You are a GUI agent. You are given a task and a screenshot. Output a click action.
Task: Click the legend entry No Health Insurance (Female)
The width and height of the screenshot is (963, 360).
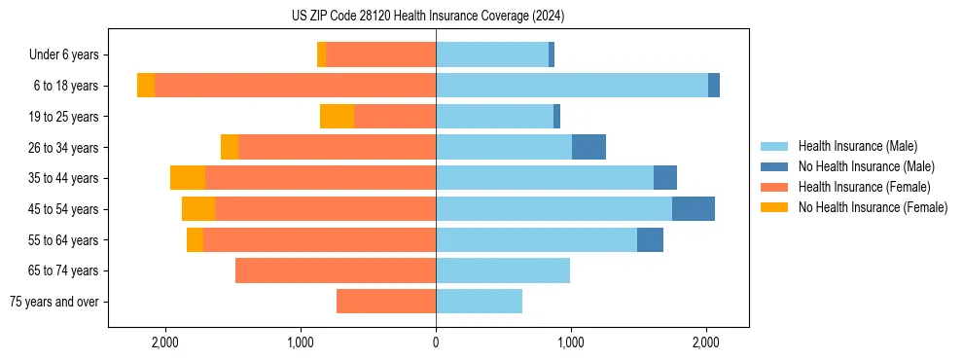(873, 207)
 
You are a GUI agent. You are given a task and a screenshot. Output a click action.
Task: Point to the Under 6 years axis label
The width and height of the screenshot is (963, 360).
(63, 55)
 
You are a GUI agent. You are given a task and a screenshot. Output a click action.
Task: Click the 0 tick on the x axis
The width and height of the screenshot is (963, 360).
(436, 342)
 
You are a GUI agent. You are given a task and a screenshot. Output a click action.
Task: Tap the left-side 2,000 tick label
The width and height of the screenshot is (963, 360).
(165, 342)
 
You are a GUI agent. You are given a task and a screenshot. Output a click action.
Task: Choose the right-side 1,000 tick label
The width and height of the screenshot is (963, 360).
(571, 342)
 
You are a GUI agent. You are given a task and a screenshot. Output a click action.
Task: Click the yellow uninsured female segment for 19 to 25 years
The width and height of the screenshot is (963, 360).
(337, 117)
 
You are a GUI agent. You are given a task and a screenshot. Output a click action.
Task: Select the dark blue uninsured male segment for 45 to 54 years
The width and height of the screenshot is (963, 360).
(694, 209)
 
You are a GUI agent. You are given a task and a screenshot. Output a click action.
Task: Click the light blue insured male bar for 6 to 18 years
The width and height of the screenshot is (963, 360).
(572, 86)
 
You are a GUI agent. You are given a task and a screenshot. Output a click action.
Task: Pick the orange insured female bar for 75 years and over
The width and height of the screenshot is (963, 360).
(386, 302)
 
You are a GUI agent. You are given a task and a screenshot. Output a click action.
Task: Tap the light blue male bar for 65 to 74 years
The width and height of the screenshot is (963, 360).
(503, 270)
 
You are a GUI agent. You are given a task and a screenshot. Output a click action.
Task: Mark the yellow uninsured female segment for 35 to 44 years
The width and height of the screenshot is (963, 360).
(188, 178)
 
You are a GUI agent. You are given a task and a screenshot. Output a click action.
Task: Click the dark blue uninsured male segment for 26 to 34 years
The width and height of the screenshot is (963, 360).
(588, 147)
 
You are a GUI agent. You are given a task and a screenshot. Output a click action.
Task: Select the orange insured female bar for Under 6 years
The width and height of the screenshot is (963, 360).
(380, 55)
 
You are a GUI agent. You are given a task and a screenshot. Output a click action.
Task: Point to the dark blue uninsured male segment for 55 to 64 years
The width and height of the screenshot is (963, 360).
(650, 239)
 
